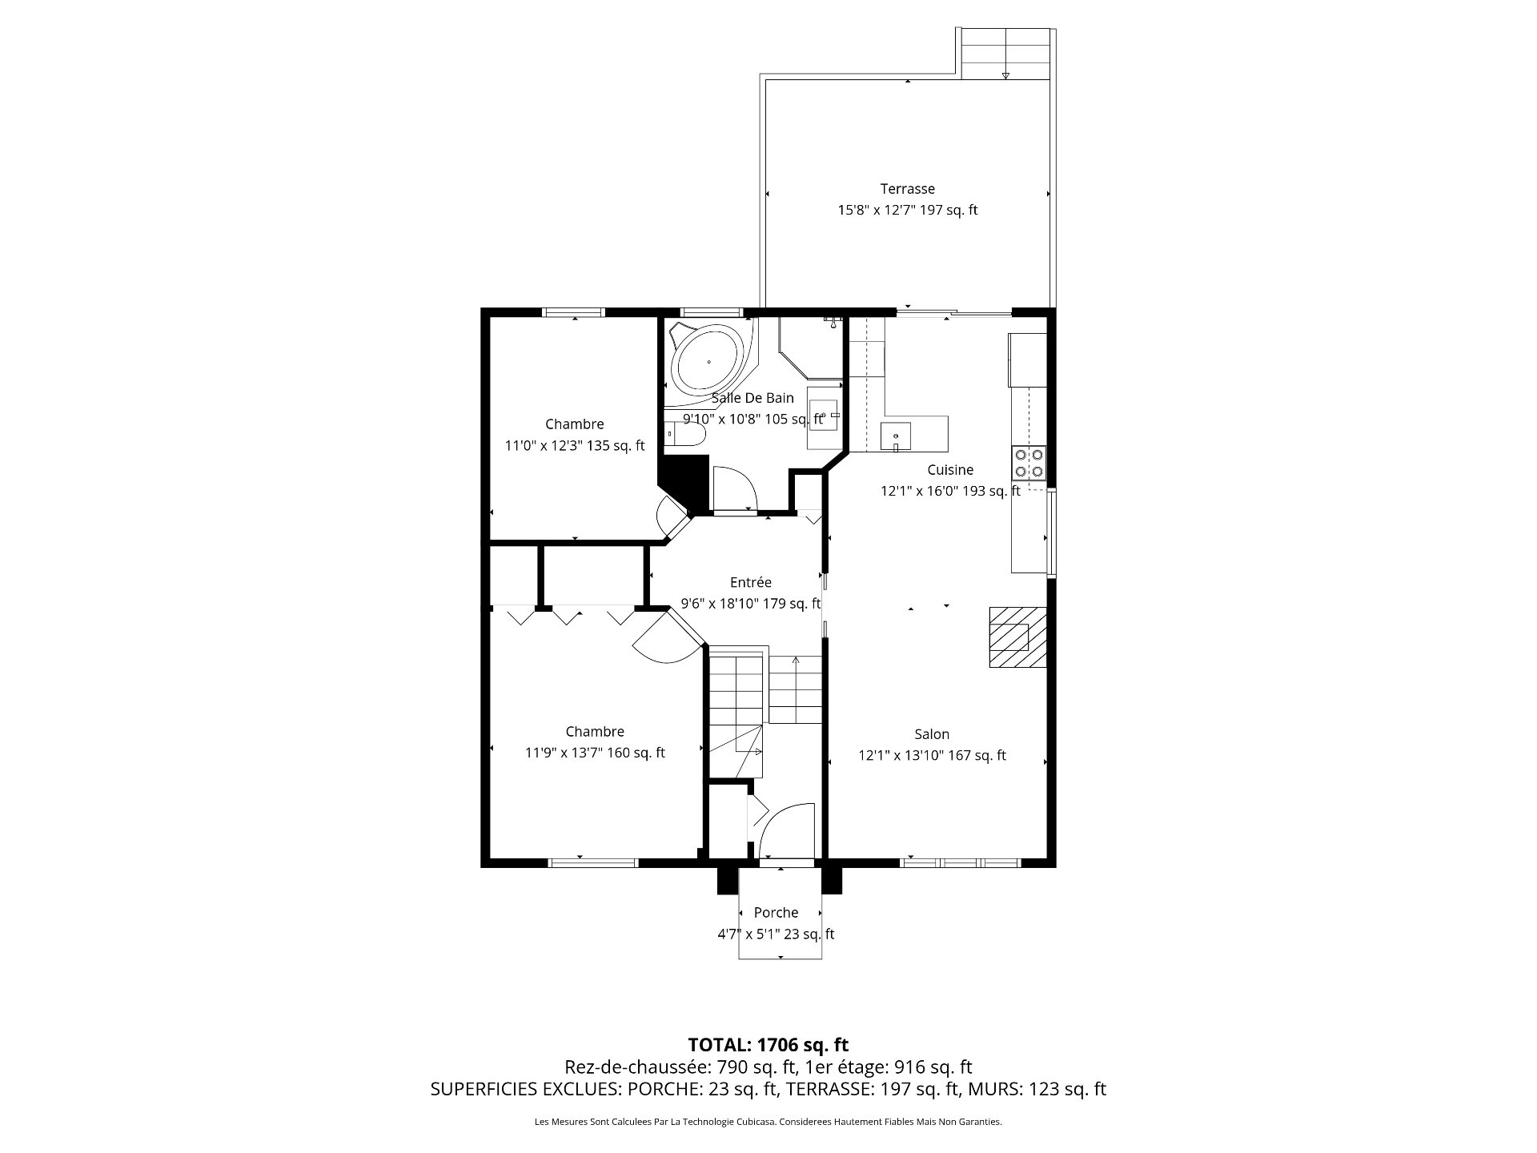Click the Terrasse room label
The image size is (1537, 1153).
tap(908, 189)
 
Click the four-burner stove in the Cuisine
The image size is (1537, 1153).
tap(1029, 462)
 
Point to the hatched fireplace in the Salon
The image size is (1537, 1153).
tap(1017, 637)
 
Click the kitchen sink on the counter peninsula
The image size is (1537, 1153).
tap(896, 436)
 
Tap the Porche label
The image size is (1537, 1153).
tap(776, 913)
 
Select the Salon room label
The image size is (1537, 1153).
tap(932, 734)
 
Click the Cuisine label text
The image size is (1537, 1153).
tap(950, 470)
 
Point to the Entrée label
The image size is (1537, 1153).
tap(750, 582)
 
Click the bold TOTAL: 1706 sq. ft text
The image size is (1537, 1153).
tap(768, 1044)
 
